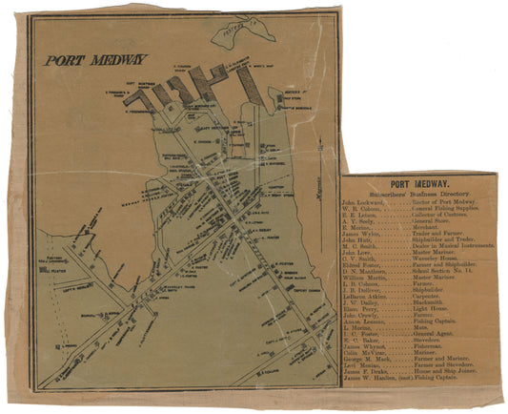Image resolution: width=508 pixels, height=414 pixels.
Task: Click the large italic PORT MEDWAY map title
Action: click(x=89, y=59)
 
